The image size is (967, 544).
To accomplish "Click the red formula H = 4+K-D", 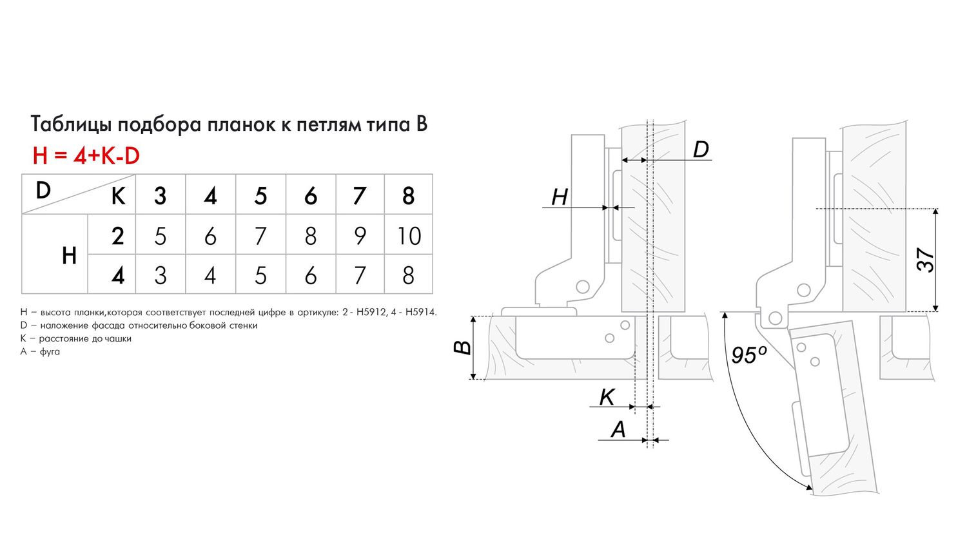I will (x=86, y=156).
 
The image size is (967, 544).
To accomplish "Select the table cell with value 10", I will (x=409, y=236).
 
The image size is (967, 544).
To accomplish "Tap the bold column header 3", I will (x=160, y=196).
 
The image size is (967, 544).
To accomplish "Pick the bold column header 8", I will (x=408, y=196).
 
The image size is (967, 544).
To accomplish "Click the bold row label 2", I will (x=117, y=236).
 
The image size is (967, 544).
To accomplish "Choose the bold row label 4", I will (x=117, y=276).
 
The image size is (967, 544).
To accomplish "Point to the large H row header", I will (x=69, y=256).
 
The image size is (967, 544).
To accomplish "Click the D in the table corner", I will (x=43, y=191).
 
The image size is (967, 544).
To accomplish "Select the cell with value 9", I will (x=360, y=236).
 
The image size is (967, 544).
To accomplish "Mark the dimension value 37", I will (x=925, y=260).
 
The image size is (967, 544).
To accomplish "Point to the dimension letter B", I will (x=462, y=348).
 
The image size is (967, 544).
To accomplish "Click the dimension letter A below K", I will (x=618, y=429).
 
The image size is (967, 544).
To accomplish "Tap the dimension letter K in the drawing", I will (x=607, y=397).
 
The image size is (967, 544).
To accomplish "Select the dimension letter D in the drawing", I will (x=700, y=150).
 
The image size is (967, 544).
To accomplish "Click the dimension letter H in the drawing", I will (x=559, y=197).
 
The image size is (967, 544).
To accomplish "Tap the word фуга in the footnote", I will (x=50, y=351).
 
